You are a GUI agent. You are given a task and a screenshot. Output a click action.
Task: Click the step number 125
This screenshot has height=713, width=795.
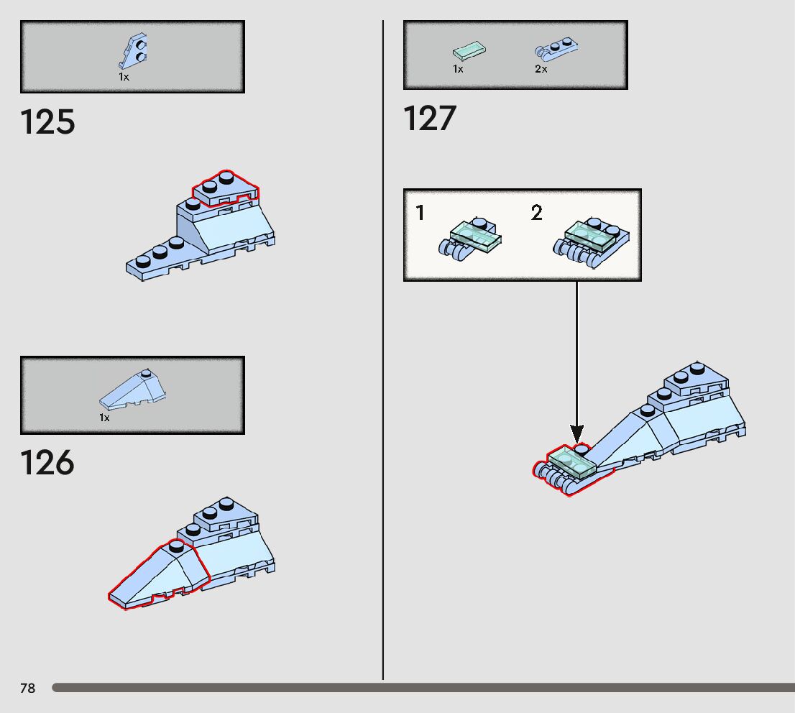pos(47,123)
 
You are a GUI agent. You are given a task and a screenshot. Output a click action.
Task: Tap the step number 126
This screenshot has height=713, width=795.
pos(47,464)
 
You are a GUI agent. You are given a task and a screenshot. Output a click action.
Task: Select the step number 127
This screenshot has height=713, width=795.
pos(430,119)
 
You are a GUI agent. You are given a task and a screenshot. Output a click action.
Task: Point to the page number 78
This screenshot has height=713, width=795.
pos(27,689)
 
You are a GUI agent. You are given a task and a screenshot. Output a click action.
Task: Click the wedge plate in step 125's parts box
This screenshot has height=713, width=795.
pos(136,51)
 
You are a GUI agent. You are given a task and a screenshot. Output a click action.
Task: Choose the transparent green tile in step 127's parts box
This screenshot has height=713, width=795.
pos(469,51)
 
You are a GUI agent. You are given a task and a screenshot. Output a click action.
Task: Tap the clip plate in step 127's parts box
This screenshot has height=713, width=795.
pos(556,49)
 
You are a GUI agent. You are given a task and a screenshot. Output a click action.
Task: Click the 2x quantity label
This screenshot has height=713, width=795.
pos(541,69)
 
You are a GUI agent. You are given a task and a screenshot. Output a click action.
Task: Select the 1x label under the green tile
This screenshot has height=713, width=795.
pos(458,69)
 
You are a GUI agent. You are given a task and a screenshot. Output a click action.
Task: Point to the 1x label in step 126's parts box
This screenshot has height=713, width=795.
pos(105,418)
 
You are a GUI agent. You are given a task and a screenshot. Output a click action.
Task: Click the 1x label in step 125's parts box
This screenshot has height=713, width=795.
pos(124,76)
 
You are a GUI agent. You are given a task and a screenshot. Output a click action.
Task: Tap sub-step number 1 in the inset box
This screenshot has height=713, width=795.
pos(421,213)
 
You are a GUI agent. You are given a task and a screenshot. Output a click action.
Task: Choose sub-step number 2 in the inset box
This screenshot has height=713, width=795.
pos(537,213)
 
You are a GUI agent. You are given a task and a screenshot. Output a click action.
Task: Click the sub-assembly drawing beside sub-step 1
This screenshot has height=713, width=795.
pos(469,237)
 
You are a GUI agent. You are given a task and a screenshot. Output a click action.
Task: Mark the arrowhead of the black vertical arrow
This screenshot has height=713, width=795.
pos(576,433)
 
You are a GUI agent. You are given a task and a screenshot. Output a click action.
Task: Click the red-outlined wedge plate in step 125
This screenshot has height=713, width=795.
pos(225,188)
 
